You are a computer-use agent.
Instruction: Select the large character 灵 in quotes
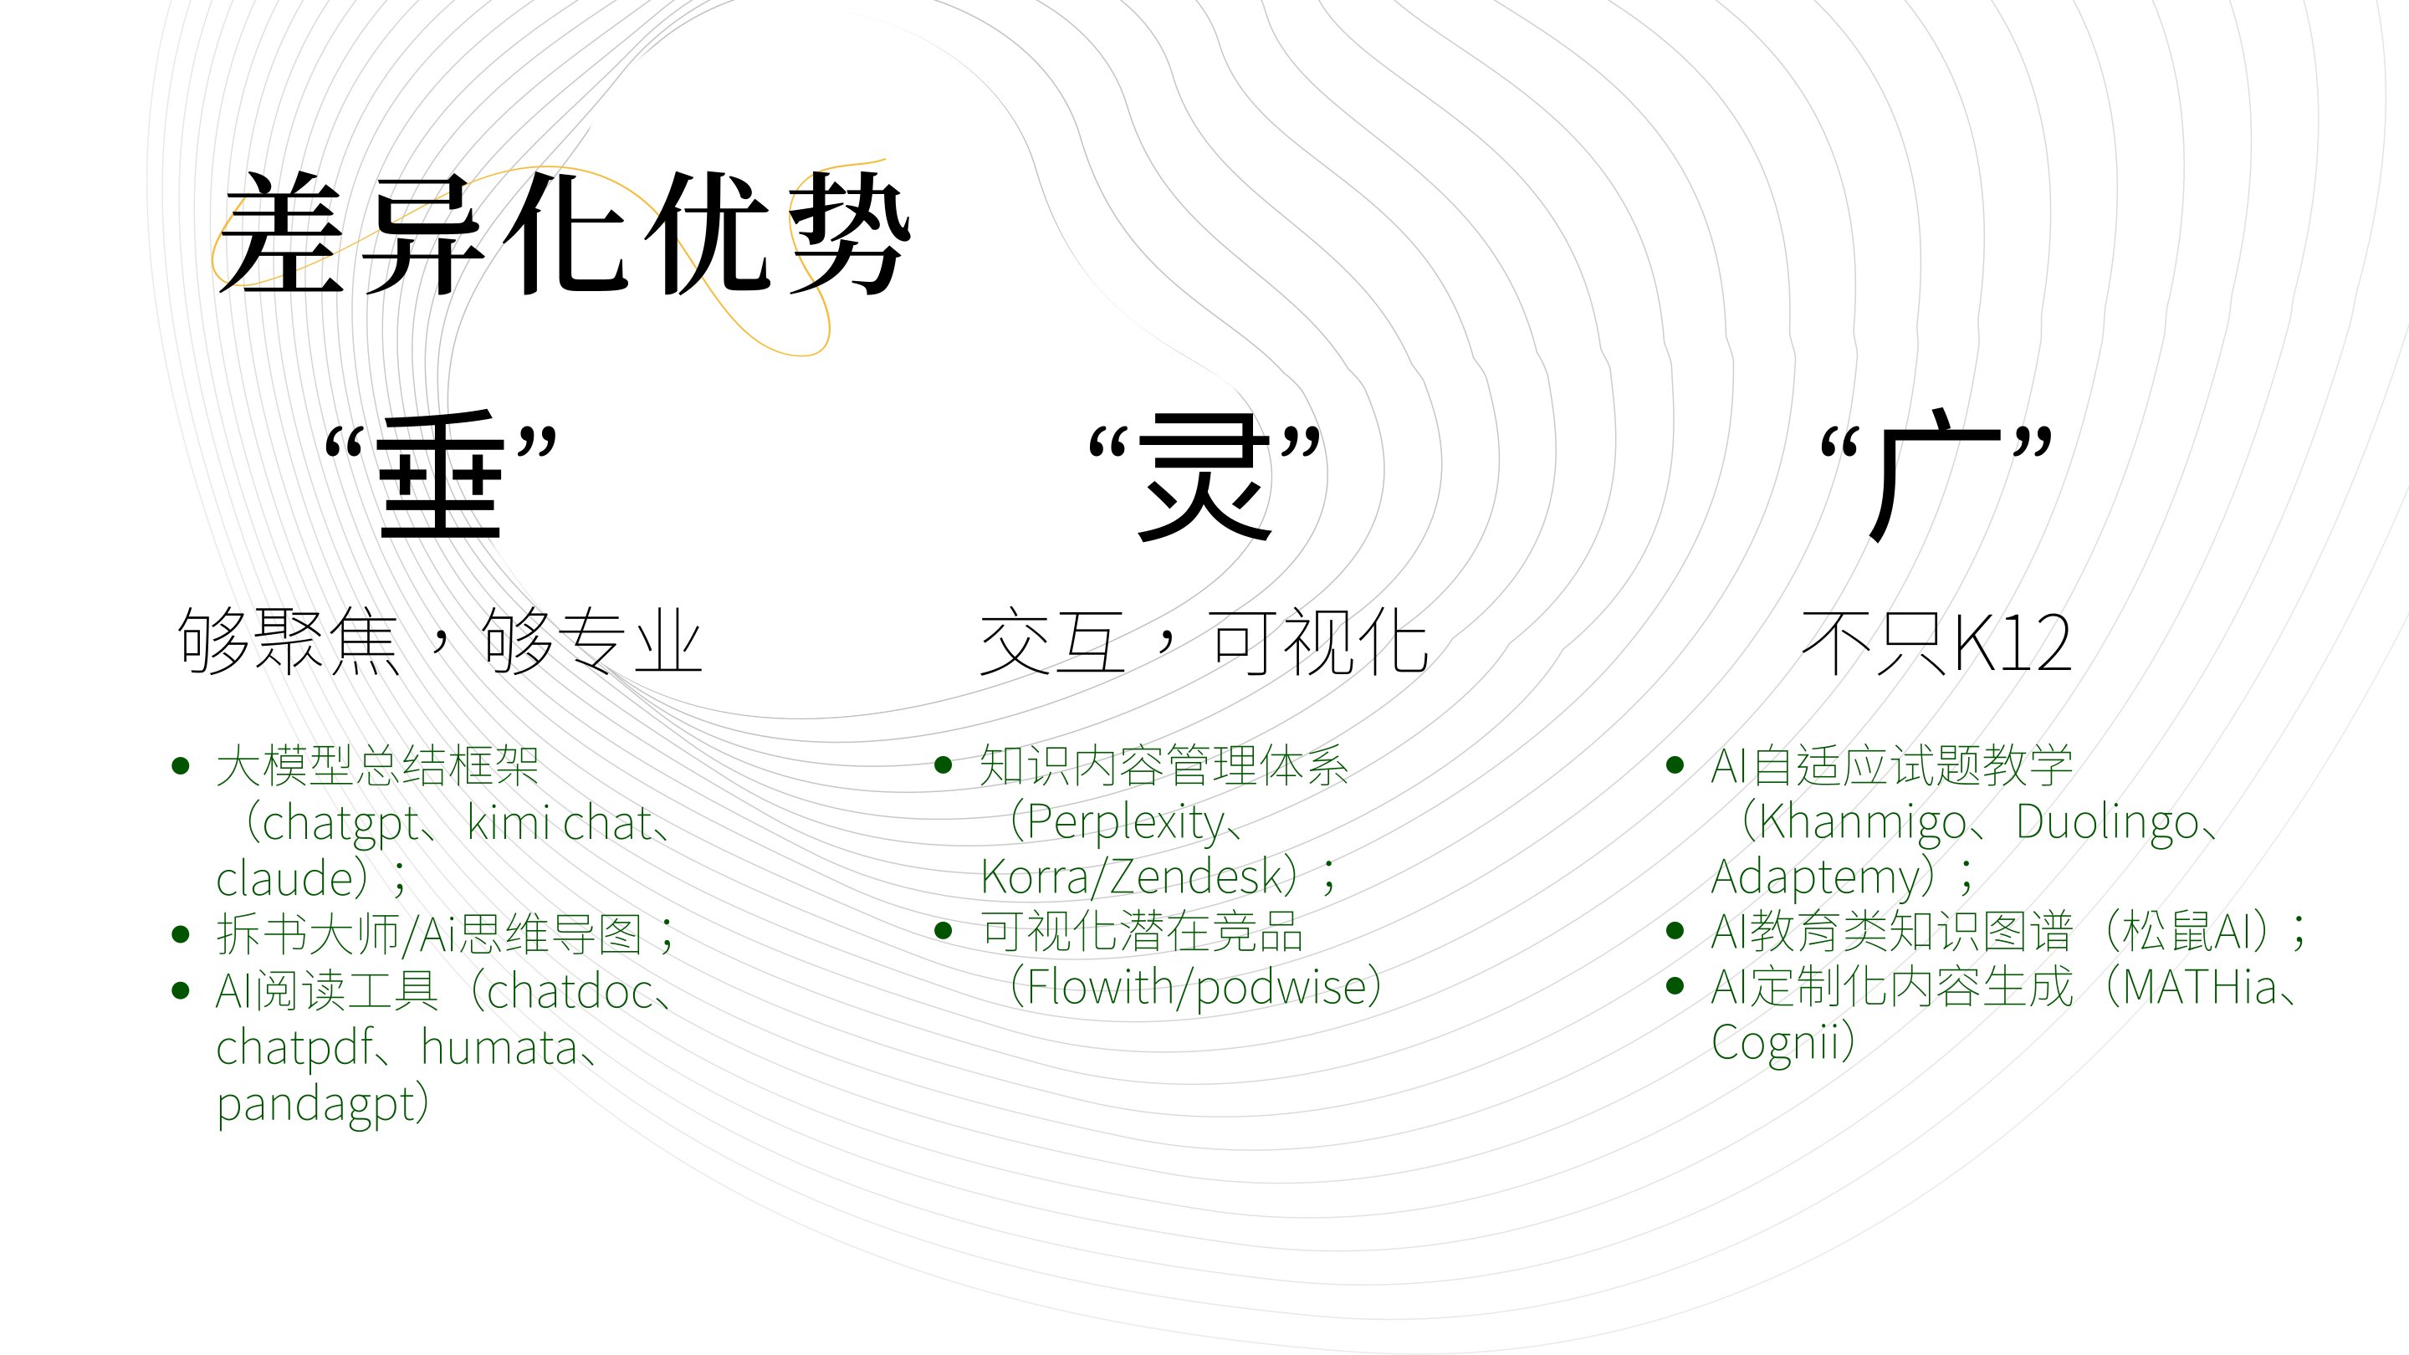tap(1204, 477)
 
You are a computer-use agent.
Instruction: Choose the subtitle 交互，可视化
tap(1204, 642)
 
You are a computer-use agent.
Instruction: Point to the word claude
tap(284, 878)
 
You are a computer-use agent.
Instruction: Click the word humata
tap(499, 1047)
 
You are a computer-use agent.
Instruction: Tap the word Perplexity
tap(1125, 824)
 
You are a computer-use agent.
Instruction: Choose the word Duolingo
tap(2107, 824)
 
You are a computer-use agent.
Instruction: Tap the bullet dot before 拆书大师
tap(182, 934)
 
